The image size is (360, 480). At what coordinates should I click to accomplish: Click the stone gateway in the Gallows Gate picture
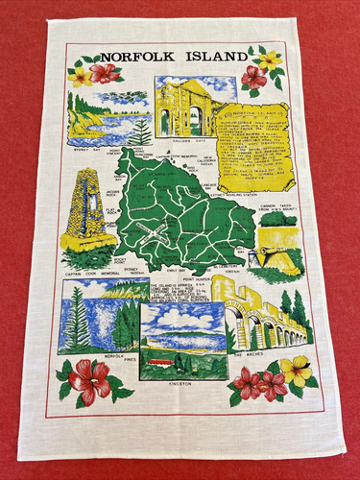pos(187,108)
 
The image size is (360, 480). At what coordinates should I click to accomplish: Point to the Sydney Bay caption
pos(84,149)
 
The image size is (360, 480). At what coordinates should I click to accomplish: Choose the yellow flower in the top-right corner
pos(271,60)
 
